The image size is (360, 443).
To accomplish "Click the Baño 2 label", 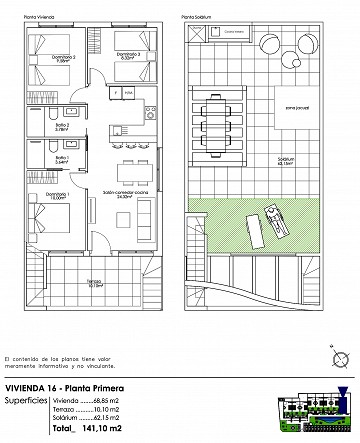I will click(x=60, y=126).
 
